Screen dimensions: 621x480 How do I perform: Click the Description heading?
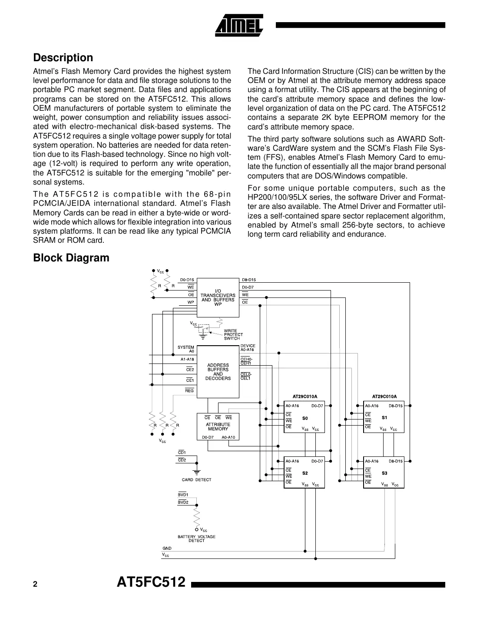(x=63, y=58)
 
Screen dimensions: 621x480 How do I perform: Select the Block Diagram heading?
(x=71, y=258)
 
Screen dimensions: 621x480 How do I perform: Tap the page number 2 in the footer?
(x=35, y=585)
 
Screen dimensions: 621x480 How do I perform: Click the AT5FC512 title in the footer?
(x=151, y=582)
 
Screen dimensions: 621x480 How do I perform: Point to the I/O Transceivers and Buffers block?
(x=218, y=297)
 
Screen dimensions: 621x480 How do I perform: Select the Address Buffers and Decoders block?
(x=218, y=372)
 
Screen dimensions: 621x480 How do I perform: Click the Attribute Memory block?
(x=218, y=426)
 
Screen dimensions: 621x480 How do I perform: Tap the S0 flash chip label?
(x=305, y=418)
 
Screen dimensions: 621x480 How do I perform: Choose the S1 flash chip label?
(x=384, y=418)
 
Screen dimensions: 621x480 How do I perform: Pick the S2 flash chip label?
(x=305, y=473)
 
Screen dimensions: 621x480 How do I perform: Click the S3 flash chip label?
(x=384, y=473)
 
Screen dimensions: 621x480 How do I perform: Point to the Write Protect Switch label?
(x=233, y=335)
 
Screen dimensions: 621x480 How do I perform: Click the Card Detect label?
(x=196, y=480)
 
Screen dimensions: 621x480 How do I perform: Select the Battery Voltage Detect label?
(x=196, y=538)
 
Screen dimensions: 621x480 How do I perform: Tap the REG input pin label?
(x=189, y=391)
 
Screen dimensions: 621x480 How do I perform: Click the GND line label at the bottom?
(x=167, y=548)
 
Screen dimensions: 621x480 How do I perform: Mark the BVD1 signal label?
(x=183, y=495)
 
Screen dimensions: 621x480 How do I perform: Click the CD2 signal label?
(x=182, y=460)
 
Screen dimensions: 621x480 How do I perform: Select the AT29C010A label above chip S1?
(x=384, y=396)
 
